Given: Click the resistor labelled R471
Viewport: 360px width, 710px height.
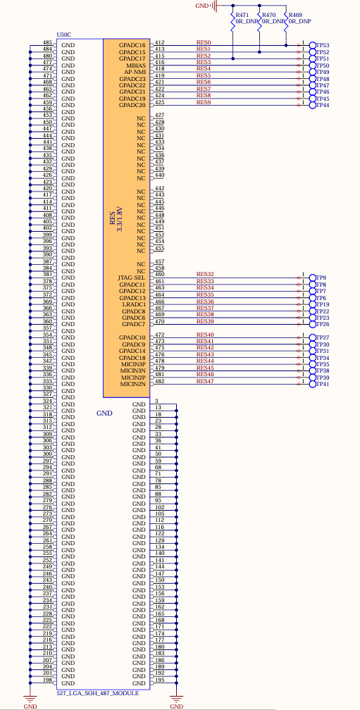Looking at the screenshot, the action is (232, 23).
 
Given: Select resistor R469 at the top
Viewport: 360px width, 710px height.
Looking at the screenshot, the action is (286, 23).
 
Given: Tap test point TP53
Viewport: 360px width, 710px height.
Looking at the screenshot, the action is (313, 45).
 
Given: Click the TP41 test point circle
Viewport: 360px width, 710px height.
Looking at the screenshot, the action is (313, 384).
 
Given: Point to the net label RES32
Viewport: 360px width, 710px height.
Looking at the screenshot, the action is (205, 275).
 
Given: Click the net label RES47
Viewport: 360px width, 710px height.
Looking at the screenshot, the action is (205, 381).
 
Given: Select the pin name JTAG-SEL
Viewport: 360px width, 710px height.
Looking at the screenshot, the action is (132, 278).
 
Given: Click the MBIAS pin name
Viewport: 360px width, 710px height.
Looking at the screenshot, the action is (136, 66).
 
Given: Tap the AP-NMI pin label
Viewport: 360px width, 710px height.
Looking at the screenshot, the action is (135, 72).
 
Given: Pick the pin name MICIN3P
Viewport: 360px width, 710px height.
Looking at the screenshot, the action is (133, 364).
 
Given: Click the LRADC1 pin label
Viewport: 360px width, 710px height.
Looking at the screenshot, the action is (134, 304).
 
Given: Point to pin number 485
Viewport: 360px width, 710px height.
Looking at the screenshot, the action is (47, 42).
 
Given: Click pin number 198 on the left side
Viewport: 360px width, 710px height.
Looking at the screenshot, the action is (47, 680).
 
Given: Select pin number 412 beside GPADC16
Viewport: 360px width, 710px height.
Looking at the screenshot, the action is (159, 42).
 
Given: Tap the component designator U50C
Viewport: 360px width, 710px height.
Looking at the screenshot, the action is (64, 35).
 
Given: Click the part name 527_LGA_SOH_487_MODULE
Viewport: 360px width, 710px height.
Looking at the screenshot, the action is (97, 693).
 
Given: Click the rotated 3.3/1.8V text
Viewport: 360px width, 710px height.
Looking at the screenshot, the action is (120, 220).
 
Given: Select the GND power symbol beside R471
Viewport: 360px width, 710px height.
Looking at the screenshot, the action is (216, 6).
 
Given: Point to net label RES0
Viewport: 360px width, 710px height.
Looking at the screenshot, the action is (204, 42).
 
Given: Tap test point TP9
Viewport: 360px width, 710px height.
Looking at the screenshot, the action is (313, 278).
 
